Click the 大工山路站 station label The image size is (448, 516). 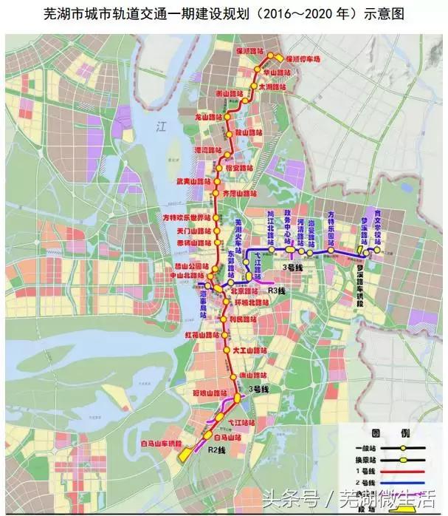248,349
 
